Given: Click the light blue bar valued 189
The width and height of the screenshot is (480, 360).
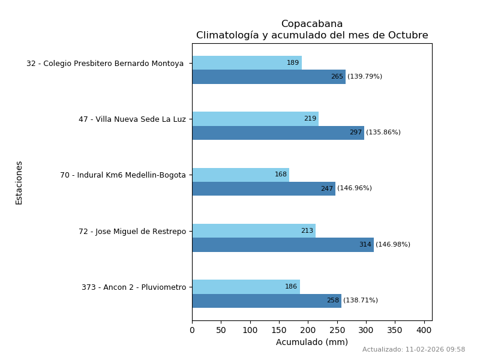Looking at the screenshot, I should pos(247,63).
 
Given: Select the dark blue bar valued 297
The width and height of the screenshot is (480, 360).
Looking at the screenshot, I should pos(278,133).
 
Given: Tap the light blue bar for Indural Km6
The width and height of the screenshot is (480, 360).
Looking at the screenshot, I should pos(241,175).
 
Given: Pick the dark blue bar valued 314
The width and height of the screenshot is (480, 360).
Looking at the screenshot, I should pos(283,245).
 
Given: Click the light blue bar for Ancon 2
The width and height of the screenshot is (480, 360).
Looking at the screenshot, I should pos(246,287).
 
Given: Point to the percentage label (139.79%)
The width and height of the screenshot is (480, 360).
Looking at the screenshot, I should pos(365,77).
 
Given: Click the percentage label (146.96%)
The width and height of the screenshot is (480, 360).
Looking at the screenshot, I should pos(355,188).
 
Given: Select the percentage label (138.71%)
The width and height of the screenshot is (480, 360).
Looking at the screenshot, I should pos(361,301).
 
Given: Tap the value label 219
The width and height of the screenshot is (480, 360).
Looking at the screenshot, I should pos(310,119).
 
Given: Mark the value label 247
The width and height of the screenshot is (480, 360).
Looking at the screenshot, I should pos(326,189).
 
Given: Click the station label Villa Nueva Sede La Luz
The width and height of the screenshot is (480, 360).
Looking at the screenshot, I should pos(132,119).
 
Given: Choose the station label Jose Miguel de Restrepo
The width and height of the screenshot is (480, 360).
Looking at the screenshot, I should pos(132,232).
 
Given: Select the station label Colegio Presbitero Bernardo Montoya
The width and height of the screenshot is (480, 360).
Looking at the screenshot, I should pos(105,64).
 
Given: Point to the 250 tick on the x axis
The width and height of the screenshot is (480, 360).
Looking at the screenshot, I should pos(337,330).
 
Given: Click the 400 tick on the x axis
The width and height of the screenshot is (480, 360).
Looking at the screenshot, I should pos(424,330).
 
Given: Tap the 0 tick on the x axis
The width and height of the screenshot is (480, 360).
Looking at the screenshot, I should pos(192,330).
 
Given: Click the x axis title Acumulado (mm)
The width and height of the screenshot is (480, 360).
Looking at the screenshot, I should pos(311,343).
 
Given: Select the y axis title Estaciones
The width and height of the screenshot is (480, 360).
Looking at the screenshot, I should pos(19,182).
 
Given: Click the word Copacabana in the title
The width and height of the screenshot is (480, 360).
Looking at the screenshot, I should pos(312,24).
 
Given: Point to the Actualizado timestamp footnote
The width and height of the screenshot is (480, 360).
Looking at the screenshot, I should pos(413,350).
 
